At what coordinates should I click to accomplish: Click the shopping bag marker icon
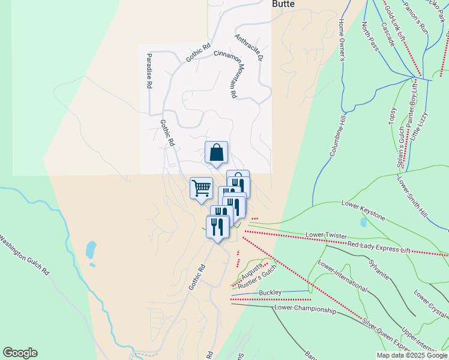click(216, 152)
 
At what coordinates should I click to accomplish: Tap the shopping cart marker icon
click(201, 188)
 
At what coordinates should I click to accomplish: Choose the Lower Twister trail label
click(327, 233)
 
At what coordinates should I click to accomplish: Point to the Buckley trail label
click(270, 292)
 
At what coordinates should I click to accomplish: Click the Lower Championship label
click(304, 309)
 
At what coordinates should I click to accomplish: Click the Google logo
click(20, 353)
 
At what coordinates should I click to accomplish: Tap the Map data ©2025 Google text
click(411, 355)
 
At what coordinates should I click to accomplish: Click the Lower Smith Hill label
click(411, 196)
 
